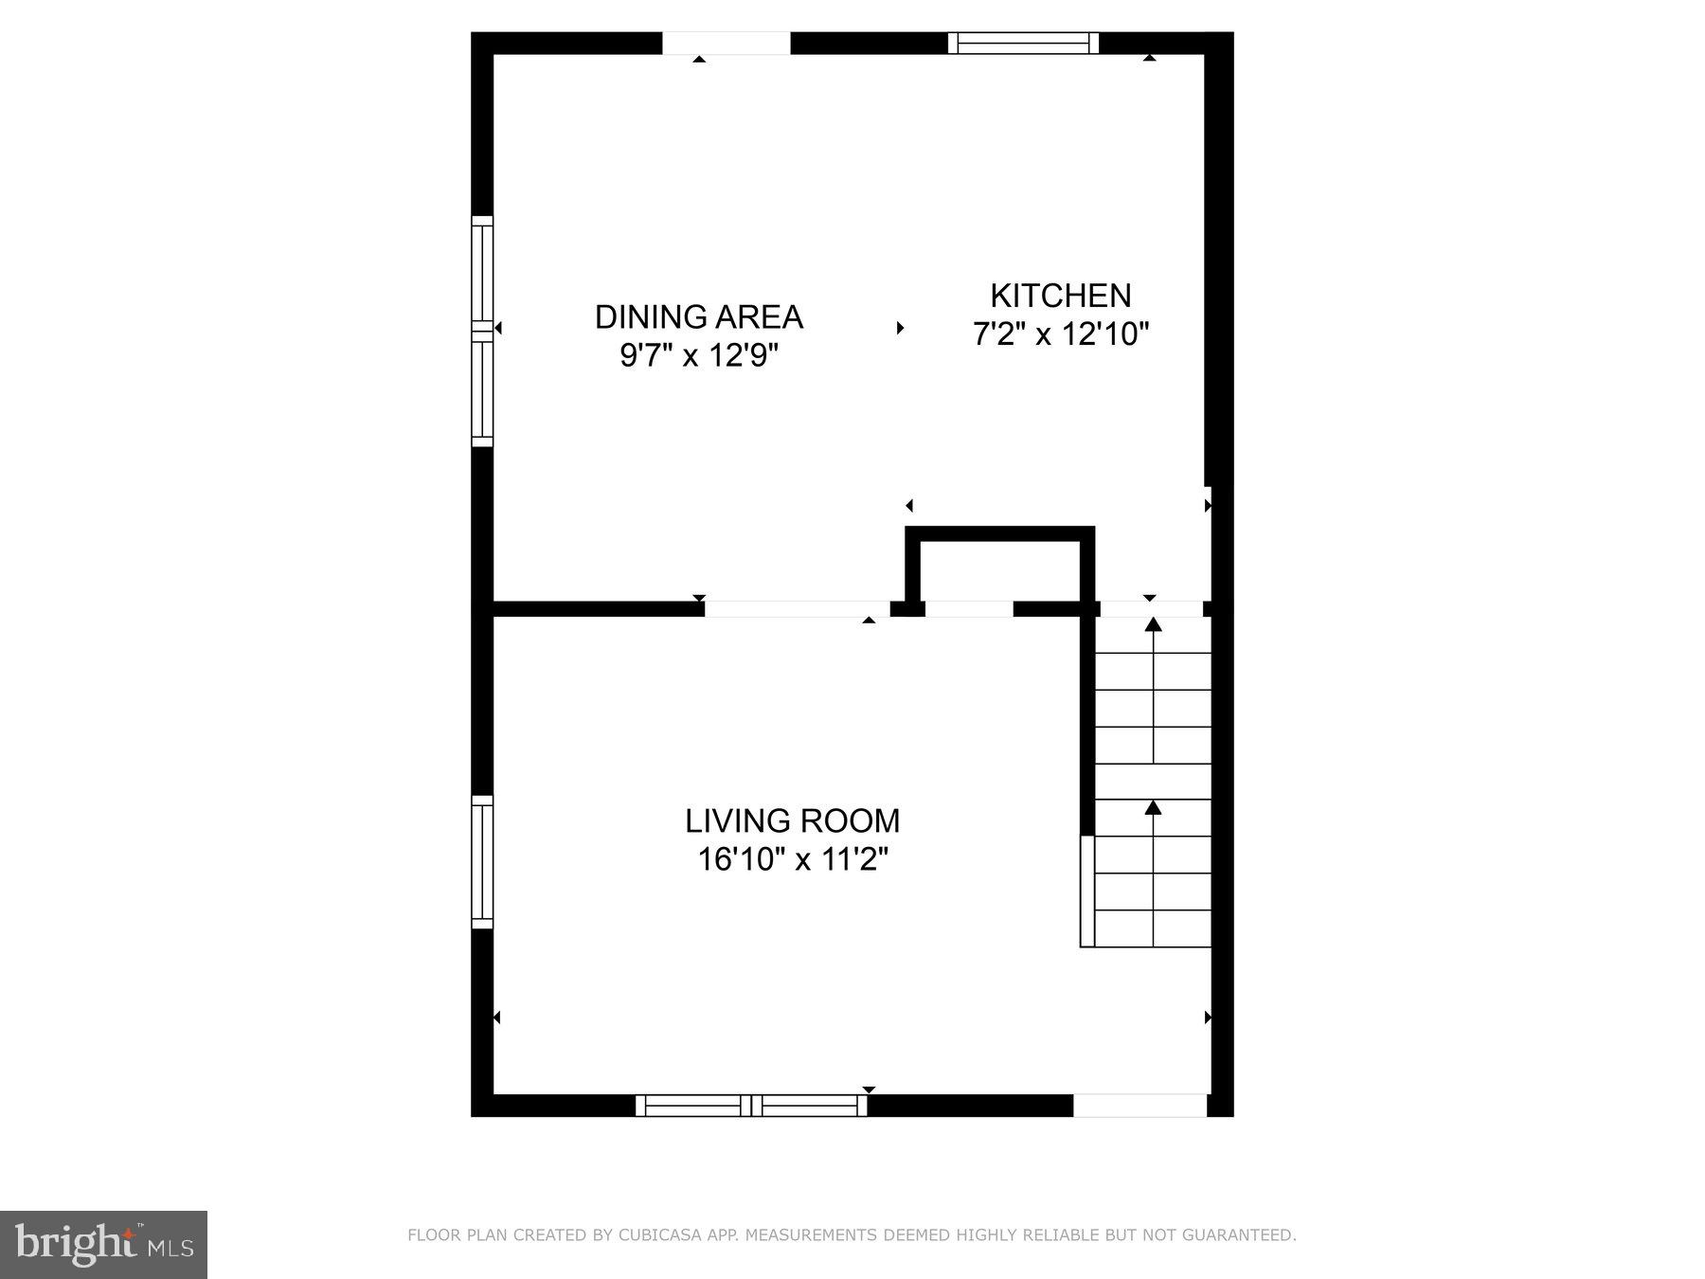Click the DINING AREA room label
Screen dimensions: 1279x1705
coord(698,316)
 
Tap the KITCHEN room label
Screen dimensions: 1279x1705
coord(1060,296)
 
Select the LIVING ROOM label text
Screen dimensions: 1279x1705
coord(792,820)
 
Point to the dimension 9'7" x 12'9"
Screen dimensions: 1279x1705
coord(698,356)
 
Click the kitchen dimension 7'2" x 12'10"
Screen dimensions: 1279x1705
coord(1060,334)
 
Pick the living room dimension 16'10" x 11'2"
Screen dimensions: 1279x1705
coord(792,860)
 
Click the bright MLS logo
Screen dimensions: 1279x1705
coord(103,1244)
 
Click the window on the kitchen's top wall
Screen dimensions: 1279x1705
coord(1023,43)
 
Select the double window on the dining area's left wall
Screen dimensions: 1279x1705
coord(482,331)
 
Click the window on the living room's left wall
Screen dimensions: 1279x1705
coord(482,861)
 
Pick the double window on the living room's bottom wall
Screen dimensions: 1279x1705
coord(750,1105)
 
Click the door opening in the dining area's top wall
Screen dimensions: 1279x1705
coord(726,43)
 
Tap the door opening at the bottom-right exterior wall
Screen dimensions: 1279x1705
coord(1140,1105)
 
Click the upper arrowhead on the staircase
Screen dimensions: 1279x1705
coord(1153,624)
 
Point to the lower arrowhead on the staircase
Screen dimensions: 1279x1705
coord(1153,807)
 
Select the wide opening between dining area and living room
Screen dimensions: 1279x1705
coord(797,608)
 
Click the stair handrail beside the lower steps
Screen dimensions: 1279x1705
coord(1087,891)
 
